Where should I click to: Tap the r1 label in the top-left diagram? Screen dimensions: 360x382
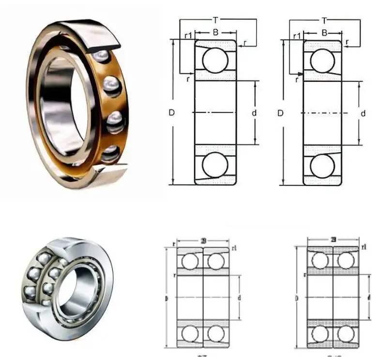click(188, 35)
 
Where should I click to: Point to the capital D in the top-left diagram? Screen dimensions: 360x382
click(171, 112)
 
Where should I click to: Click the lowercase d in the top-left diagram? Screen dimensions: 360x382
click(254, 113)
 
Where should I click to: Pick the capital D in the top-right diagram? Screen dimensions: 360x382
click(280, 113)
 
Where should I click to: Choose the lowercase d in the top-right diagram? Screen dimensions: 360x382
click(363, 113)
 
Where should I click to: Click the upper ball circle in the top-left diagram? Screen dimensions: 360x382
click(215, 60)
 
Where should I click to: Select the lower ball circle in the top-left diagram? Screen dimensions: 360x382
click(215, 166)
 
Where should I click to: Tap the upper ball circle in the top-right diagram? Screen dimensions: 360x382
click(323, 60)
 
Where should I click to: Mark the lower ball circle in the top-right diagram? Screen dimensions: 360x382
click(323, 166)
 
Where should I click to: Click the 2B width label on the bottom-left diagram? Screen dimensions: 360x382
click(202, 241)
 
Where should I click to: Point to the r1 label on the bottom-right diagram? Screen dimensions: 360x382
click(364, 248)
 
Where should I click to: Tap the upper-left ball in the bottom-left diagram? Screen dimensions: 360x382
click(190, 262)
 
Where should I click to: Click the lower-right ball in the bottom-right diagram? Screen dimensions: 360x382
click(346, 333)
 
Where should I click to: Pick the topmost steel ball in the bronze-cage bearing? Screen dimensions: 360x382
click(100, 56)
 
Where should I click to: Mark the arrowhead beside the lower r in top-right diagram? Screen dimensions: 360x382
click(301, 74)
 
